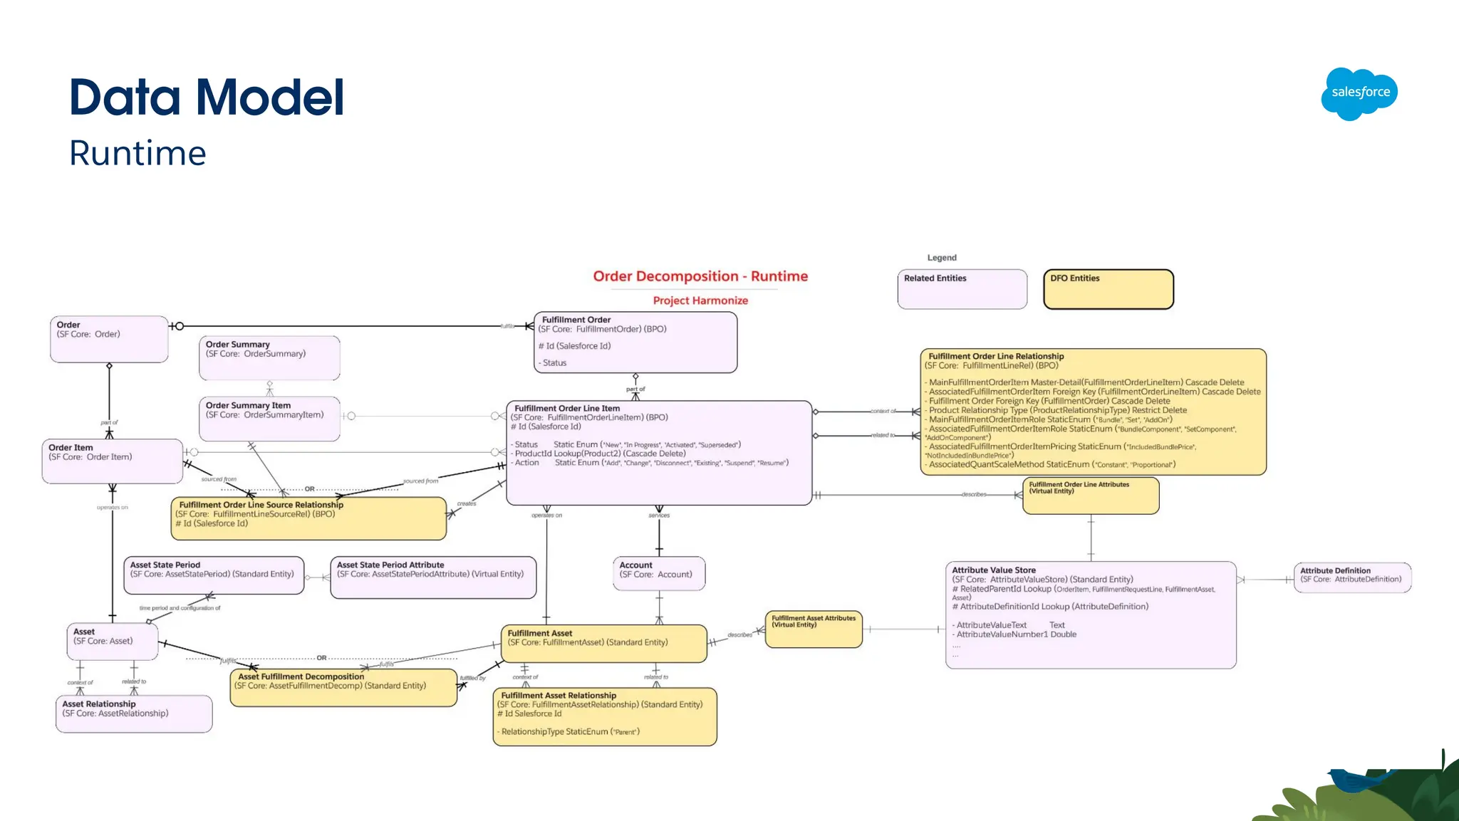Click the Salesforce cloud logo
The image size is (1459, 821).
tap(1359, 93)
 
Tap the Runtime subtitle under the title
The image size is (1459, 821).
tap(137, 153)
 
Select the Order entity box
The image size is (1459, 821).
tap(109, 340)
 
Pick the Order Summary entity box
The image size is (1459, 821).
tap(269, 358)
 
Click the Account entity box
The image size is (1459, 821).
tap(659, 574)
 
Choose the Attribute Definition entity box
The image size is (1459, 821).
tap(1351, 577)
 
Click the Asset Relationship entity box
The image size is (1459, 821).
tap(134, 713)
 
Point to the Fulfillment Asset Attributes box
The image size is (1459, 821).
tap(814, 629)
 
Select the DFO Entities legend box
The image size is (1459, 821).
tap(1108, 289)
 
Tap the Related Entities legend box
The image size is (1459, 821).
tap(962, 289)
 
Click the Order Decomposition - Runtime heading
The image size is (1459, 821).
tap(700, 276)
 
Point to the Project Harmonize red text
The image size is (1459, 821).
tap(700, 300)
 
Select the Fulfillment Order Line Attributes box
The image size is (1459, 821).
tap(1091, 496)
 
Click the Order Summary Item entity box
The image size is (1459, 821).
tap(269, 419)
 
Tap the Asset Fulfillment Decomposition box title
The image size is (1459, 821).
tap(301, 676)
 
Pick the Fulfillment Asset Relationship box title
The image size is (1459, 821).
tap(559, 695)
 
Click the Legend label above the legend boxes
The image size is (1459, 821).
tap(942, 258)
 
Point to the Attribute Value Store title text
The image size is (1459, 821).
tap(994, 570)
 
